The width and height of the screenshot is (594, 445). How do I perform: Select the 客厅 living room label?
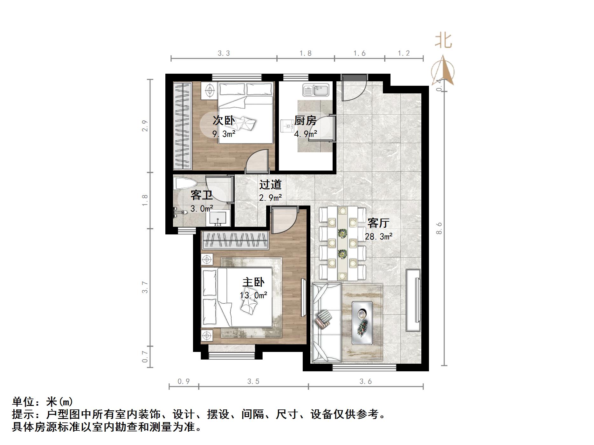point(378,223)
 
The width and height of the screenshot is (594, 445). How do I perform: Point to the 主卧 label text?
point(253,282)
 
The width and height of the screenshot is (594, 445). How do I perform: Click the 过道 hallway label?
point(270,184)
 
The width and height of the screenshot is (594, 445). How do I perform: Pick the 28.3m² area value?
point(378,236)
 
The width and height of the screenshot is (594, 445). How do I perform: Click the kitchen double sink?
point(315,90)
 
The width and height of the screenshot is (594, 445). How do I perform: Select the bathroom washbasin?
point(218,219)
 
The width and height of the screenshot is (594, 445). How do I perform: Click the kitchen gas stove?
point(288,126)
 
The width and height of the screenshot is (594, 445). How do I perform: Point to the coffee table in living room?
point(362,323)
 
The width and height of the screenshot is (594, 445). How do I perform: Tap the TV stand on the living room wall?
point(413,300)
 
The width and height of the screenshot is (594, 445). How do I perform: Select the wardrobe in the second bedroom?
point(183,126)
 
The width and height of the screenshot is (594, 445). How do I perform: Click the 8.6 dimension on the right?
point(439,228)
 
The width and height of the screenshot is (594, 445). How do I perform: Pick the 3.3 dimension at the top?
point(224,53)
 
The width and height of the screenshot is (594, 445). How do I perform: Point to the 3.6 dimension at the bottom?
point(365,381)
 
